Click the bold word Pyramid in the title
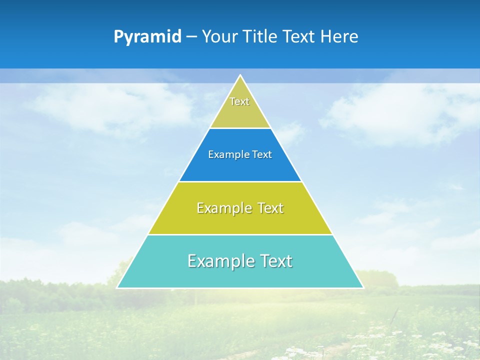(x=147, y=37)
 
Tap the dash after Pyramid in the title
(x=191, y=37)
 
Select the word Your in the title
(x=218, y=37)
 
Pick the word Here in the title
(x=339, y=37)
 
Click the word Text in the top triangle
(x=239, y=101)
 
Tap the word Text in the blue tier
(x=262, y=154)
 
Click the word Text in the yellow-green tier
(x=271, y=208)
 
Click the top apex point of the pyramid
(x=240, y=75)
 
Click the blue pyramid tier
(x=240, y=167)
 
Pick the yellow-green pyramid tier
(x=240, y=222)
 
